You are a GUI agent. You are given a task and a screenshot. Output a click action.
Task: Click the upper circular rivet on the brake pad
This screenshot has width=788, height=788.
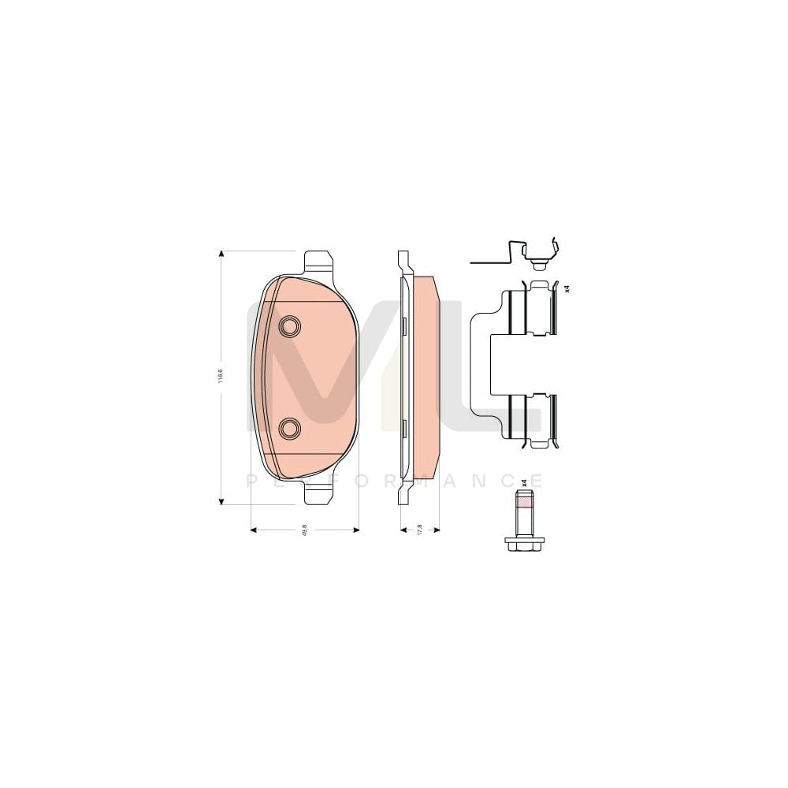(290, 325)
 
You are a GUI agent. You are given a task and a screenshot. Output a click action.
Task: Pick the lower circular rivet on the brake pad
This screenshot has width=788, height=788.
(290, 428)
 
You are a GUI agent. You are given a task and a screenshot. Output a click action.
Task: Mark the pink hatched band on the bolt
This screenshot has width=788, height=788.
(524, 500)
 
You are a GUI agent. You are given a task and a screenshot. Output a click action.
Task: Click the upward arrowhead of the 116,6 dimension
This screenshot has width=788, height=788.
(221, 255)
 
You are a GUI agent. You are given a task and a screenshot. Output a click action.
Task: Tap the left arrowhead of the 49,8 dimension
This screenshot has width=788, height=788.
(254, 530)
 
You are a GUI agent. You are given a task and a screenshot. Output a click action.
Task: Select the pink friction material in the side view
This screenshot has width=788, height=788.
(426, 378)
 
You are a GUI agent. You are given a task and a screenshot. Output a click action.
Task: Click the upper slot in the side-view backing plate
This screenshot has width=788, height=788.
(403, 324)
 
